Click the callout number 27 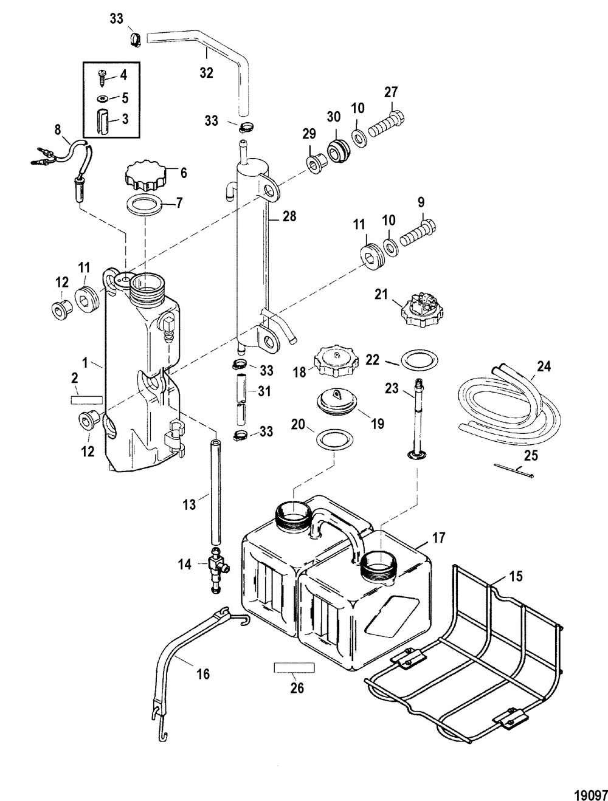coord(390,92)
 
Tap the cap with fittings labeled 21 coord(422,309)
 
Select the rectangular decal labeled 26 coord(294,667)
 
